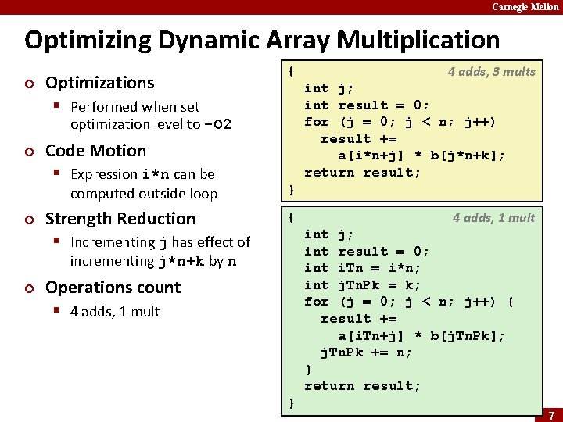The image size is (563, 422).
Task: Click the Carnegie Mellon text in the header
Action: (525, 7)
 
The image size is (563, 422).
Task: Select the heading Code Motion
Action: (95, 151)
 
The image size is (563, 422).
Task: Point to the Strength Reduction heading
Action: (120, 219)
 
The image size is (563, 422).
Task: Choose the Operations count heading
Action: (113, 288)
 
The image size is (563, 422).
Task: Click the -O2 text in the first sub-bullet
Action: (217, 125)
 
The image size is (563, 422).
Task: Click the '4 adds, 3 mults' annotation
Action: (491, 72)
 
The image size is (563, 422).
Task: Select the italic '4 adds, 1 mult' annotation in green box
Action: (493, 218)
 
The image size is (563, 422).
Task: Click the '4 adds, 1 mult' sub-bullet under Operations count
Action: (115, 312)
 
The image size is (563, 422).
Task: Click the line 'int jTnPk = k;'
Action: (363, 285)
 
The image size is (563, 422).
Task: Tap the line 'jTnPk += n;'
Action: (367, 352)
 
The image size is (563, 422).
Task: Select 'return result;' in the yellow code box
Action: (363, 173)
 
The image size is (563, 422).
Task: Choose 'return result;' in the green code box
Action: (363, 386)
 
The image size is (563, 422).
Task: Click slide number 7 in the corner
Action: (551, 414)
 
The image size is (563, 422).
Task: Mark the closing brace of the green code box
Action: (292, 403)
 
